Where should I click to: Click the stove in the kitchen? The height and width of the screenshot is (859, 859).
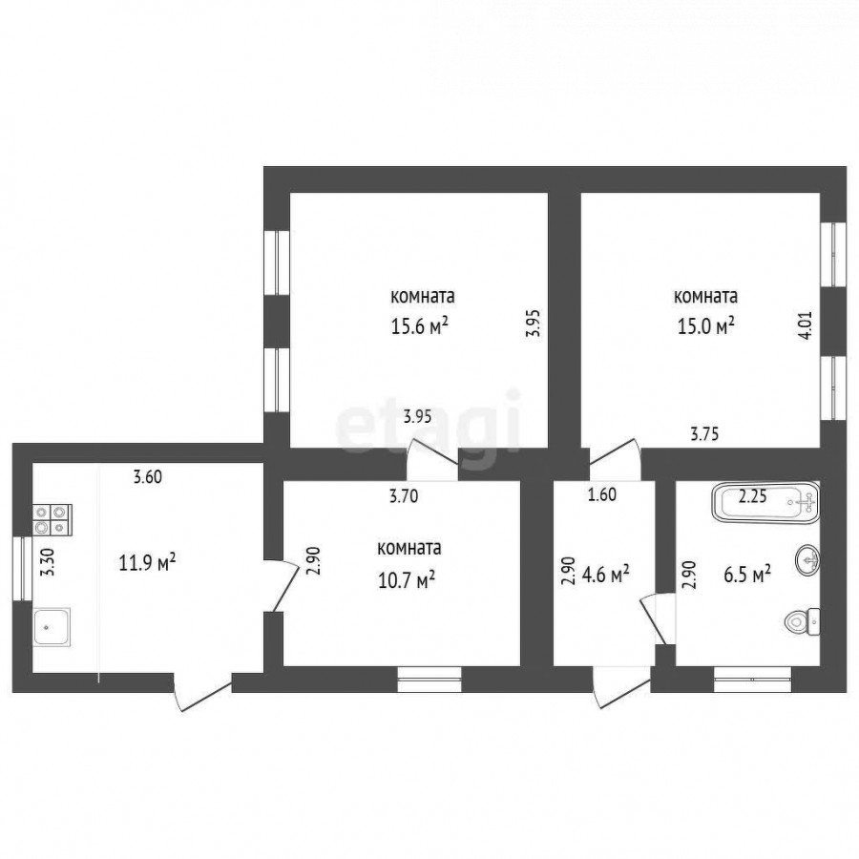click(x=52, y=519)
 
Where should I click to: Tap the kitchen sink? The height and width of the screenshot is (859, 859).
click(x=52, y=627)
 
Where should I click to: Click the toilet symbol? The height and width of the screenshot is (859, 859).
click(x=802, y=621)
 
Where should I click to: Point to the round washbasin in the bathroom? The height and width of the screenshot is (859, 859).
click(x=807, y=559)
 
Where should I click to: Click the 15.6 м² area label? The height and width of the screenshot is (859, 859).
click(x=419, y=327)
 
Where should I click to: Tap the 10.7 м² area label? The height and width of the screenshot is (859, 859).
click(x=407, y=579)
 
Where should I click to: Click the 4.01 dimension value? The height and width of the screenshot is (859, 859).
click(x=807, y=325)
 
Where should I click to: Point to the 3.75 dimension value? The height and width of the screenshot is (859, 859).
click(x=704, y=434)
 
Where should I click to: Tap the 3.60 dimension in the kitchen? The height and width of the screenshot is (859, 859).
click(x=148, y=477)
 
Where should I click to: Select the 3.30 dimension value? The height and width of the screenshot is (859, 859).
click(x=50, y=562)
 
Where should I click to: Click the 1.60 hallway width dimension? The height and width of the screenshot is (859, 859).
click(x=602, y=494)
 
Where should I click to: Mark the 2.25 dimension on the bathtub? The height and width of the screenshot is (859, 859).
click(x=752, y=496)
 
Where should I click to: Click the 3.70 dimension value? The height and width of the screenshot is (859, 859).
click(x=404, y=496)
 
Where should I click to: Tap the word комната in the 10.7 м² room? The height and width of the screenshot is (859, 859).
click(x=409, y=548)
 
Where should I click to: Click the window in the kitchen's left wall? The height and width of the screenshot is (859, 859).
click(x=22, y=568)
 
